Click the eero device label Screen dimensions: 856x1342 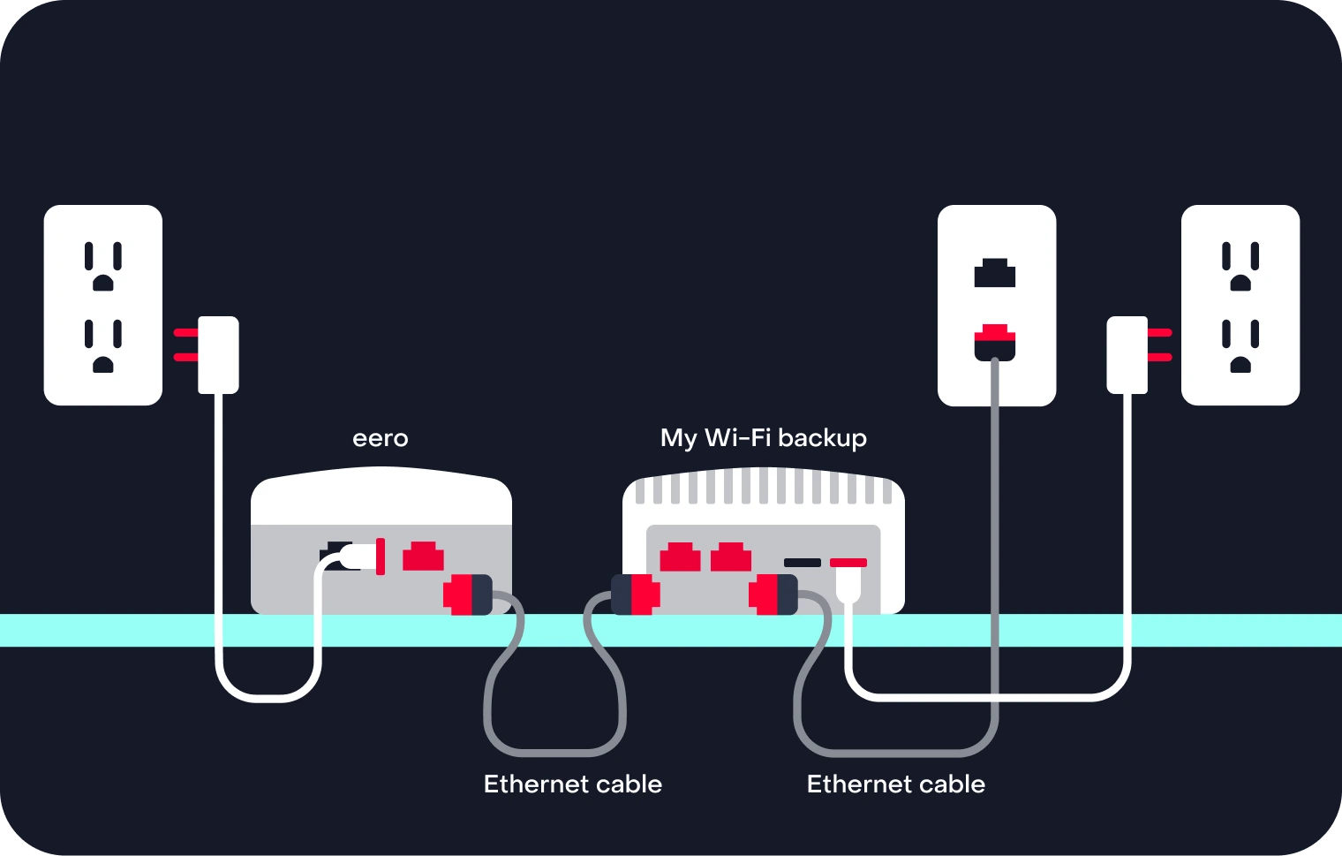[x=380, y=438]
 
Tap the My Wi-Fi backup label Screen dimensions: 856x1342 [x=763, y=438]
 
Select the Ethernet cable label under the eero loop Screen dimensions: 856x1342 [x=572, y=784]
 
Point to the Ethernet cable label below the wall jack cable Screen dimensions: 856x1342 [x=895, y=784]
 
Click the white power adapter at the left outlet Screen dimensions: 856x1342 [x=218, y=354]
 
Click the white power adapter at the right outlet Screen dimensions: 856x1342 [x=1127, y=354]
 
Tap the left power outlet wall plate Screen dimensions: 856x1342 [x=103, y=305]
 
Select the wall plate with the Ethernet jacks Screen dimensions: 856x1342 [x=996, y=305]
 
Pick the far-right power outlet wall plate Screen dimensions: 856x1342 [x=1240, y=305]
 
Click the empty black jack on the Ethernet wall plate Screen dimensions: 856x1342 [x=995, y=273]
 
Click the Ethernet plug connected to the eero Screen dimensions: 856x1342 [x=467, y=594]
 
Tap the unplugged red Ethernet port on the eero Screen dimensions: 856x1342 [x=423, y=557]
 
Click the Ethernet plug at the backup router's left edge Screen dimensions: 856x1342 [x=634, y=594]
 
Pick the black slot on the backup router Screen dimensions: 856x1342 [x=802, y=563]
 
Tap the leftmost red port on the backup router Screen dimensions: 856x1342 [x=680, y=557]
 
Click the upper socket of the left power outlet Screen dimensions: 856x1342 [x=103, y=266]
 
